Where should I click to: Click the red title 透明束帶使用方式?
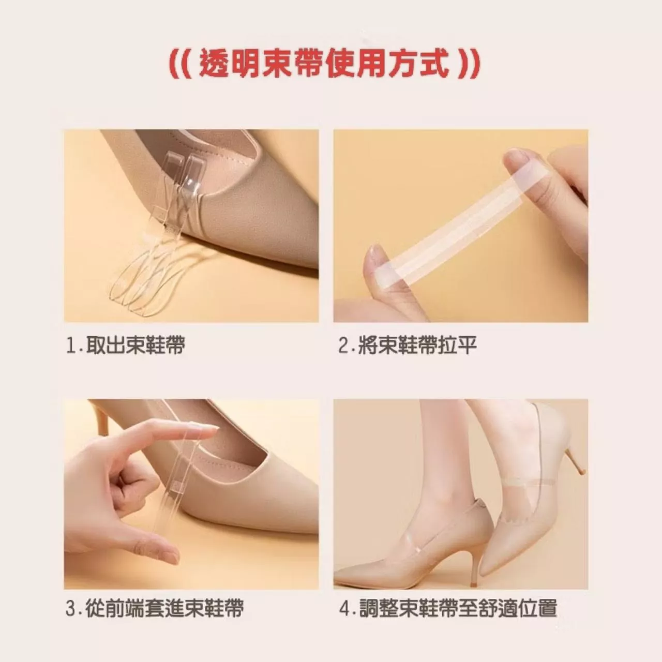324,64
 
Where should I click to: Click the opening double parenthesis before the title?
182,64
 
